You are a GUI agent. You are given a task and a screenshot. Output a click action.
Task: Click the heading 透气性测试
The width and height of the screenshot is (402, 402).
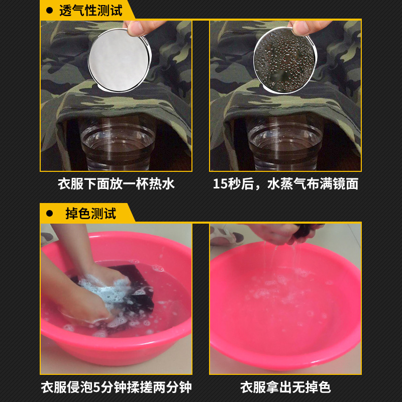[91, 11]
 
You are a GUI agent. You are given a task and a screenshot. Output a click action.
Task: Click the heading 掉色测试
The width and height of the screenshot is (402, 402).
[91, 213]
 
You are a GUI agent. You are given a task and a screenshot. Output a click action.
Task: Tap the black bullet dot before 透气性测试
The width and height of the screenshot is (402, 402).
[49, 11]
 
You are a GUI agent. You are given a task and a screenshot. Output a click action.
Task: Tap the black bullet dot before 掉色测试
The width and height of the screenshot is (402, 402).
[49, 213]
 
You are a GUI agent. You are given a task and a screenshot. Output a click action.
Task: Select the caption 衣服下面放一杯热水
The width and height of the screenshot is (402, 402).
[116, 184]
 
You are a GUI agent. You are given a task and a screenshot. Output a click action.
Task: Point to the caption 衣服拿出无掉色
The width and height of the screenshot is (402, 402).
[285, 387]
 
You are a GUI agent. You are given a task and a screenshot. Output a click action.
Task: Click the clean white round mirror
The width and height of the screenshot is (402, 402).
[120, 60]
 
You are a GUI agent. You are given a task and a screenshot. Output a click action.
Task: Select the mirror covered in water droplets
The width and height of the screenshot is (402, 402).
[285, 60]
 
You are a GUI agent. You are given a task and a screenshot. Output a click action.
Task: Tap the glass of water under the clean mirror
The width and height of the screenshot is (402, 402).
[118, 144]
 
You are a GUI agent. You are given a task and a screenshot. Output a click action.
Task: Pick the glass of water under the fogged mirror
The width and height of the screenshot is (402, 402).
[285, 144]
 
